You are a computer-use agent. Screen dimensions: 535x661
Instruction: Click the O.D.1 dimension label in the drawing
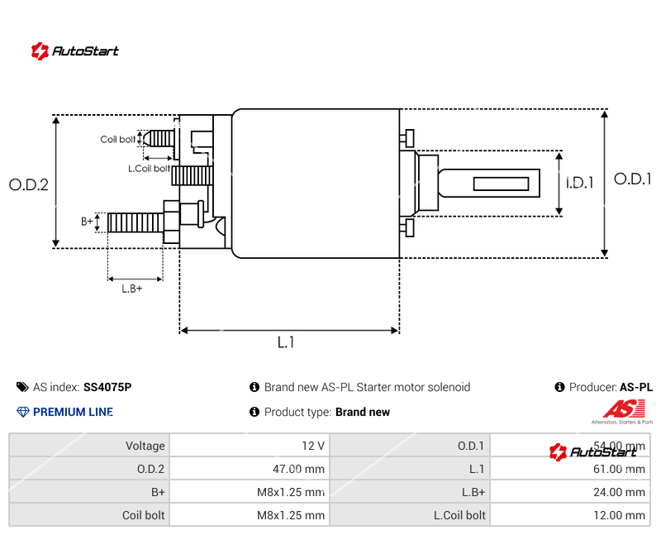click(x=632, y=179)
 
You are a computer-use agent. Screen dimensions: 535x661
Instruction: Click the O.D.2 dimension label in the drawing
click(x=29, y=184)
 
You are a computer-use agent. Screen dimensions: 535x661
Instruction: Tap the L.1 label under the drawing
click(x=286, y=342)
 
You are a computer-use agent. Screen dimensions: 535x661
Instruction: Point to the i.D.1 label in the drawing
click(x=580, y=183)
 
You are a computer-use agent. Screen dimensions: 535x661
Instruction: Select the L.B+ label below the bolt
click(x=132, y=289)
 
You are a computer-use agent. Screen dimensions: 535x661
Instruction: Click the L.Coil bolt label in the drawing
click(x=149, y=169)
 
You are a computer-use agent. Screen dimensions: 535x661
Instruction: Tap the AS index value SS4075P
click(x=107, y=387)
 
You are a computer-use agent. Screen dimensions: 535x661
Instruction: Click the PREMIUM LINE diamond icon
click(x=22, y=412)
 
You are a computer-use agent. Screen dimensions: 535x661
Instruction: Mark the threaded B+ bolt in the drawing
click(x=136, y=222)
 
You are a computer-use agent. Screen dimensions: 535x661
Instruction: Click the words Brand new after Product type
click(x=363, y=412)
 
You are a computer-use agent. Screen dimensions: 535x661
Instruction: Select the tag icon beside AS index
click(x=22, y=387)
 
